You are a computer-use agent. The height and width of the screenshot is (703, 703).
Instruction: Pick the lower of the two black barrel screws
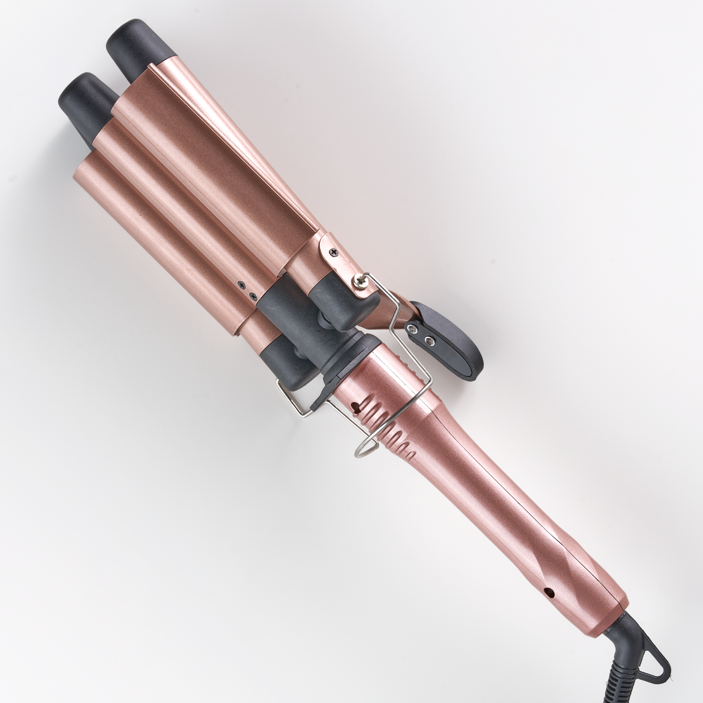[252, 296]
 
